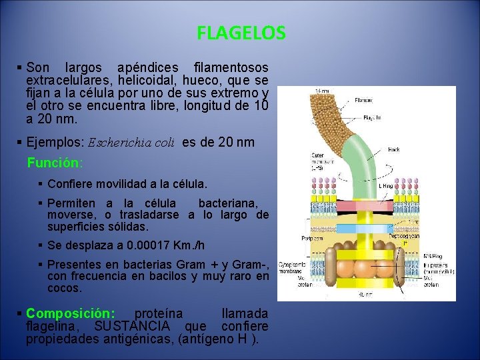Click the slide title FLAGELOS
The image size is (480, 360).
point(241,33)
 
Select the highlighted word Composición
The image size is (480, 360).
point(70,313)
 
